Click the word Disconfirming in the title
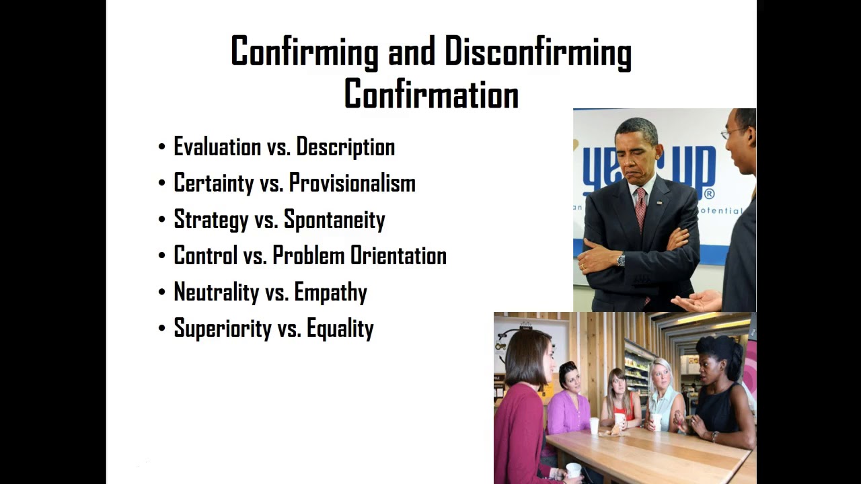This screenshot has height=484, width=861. pyautogui.click(x=537, y=52)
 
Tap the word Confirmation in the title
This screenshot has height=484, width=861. pyautogui.click(x=431, y=95)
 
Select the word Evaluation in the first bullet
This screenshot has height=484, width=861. pyautogui.click(x=217, y=147)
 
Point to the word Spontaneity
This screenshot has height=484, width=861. pyautogui.click(x=334, y=220)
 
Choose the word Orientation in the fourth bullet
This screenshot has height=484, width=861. pyautogui.click(x=398, y=255)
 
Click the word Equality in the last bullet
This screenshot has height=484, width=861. pyautogui.click(x=340, y=329)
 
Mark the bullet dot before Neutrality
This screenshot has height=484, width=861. pyautogui.click(x=161, y=293)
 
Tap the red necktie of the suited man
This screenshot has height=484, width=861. pyautogui.click(x=641, y=208)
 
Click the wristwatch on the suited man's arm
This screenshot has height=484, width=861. pyautogui.click(x=621, y=259)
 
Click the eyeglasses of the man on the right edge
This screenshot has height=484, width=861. pyautogui.click(x=733, y=133)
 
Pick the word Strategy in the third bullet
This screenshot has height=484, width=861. pyautogui.click(x=211, y=220)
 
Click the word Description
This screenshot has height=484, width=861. pyautogui.click(x=345, y=147)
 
